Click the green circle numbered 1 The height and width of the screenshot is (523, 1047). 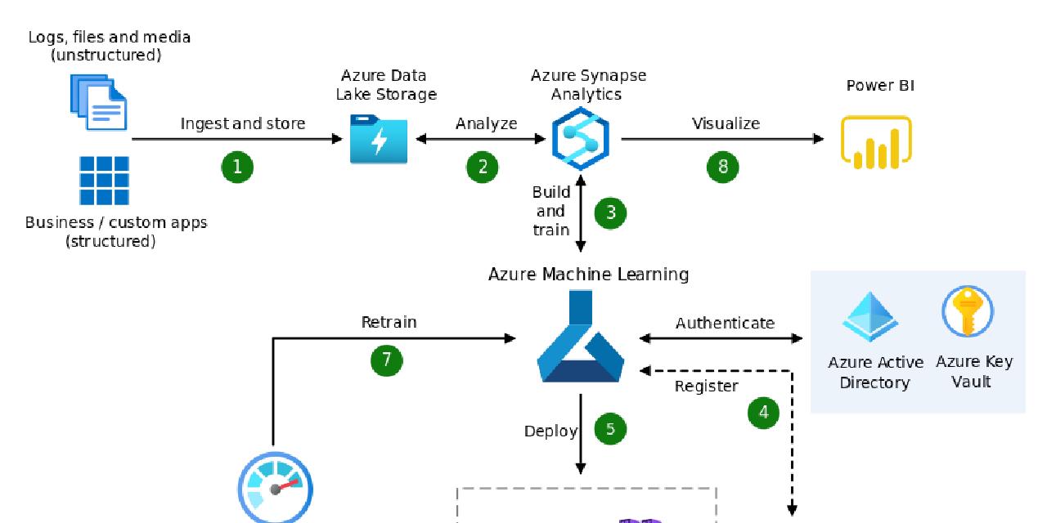point(237,167)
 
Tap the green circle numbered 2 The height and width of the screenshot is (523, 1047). point(483,167)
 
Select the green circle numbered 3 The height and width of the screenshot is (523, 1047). point(611,212)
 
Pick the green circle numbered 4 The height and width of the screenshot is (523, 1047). point(764,413)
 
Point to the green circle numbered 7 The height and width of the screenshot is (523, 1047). point(387,360)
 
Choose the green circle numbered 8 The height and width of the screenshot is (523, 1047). point(722,167)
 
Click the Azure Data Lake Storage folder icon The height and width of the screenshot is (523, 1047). point(378,140)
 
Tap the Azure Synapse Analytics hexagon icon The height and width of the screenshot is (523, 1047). point(580,139)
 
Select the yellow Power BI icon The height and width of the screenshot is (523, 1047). point(875,142)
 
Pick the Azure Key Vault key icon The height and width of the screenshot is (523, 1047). point(968,311)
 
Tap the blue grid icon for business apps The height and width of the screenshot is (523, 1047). point(104,181)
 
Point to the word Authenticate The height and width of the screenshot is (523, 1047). point(725,324)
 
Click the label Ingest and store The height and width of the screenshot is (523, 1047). point(243,124)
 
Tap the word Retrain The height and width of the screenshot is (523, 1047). point(389,322)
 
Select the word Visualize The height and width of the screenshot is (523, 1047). point(726,124)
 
